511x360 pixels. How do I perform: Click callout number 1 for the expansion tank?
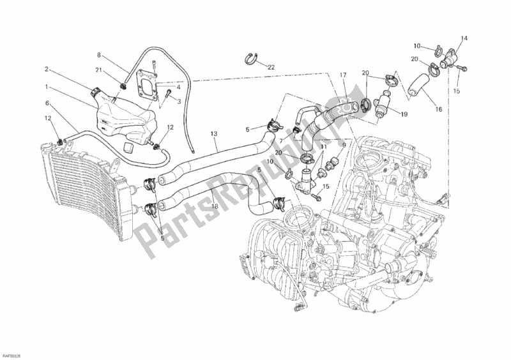click(46, 86)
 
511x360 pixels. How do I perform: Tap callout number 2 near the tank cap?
click(47, 68)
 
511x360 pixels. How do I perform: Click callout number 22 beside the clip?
click(271, 67)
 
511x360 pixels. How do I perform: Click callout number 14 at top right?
click(464, 38)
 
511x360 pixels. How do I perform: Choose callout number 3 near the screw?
click(179, 101)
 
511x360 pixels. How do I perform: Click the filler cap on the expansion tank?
click(96, 93)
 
